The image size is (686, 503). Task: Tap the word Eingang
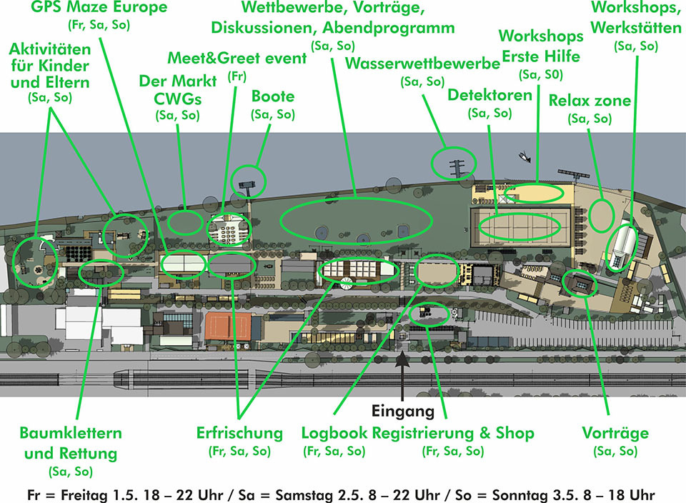[x=403, y=411]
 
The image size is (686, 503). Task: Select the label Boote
[x=273, y=96]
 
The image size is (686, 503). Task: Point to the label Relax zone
[x=590, y=101]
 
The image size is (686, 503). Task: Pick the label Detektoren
[x=489, y=95]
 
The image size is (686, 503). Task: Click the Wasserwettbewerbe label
[x=422, y=64]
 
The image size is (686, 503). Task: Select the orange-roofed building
[x=228, y=326]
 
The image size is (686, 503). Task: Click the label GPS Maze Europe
[x=99, y=7]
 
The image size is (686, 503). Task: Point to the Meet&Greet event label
[x=237, y=58]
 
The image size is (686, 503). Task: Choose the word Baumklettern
[x=71, y=433]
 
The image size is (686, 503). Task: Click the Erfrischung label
[x=240, y=433]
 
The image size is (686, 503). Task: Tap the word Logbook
[x=334, y=433]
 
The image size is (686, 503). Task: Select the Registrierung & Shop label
[x=453, y=433]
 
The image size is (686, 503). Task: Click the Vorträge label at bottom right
[x=615, y=433]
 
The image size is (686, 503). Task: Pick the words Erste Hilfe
[x=541, y=56]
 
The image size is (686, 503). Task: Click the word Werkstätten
[x=636, y=28]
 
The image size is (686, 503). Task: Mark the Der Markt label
[x=178, y=81]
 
